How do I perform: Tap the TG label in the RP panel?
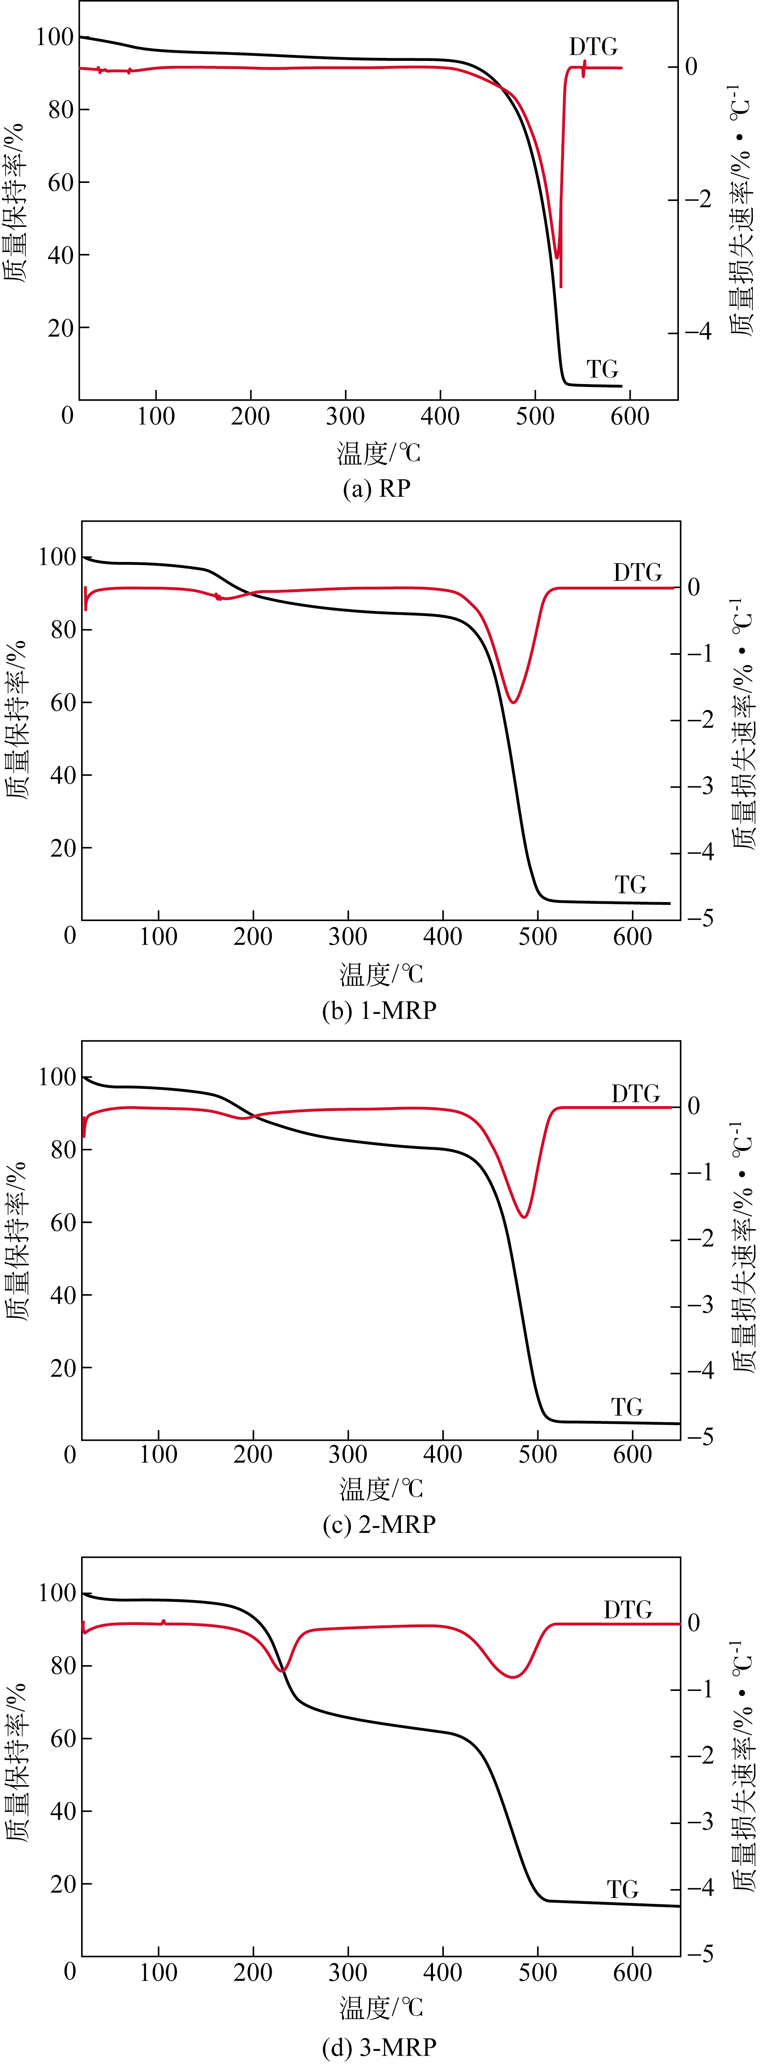click(x=602, y=369)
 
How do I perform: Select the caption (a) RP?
click(x=376, y=488)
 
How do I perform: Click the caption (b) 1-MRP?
click(x=379, y=1010)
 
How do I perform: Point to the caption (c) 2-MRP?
click(x=379, y=1523)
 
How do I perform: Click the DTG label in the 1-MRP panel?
click(x=637, y=572)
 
